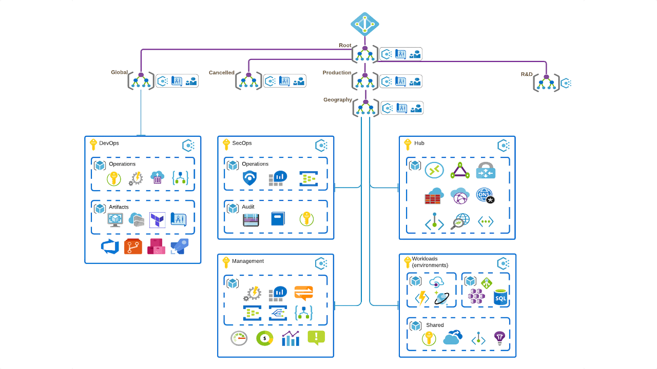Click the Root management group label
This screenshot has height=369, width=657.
(345, 46)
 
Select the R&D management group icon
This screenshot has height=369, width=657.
(546, 82)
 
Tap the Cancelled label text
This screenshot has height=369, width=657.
(221, 73)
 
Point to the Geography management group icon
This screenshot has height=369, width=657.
(365, 108)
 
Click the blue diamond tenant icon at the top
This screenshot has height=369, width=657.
(365, 24)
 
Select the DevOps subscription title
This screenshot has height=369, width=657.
(109, 143)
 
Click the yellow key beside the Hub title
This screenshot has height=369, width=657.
(408, 144)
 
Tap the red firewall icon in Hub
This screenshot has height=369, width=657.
(434, 196)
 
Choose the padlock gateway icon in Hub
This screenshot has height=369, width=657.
(485, 170)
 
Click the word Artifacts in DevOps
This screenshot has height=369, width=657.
(119, 207)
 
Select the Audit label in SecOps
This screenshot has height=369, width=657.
(248, 207)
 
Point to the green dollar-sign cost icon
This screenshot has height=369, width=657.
(265, 338)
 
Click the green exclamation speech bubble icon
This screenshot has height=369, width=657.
(316, 337)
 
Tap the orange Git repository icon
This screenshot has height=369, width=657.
(133, 247)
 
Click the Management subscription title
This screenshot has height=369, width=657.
(248, 261)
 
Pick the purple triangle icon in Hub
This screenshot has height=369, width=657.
(460, 170)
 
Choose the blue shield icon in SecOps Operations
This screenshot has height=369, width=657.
(249, 178)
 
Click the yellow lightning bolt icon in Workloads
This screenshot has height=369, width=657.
(422, 298)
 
